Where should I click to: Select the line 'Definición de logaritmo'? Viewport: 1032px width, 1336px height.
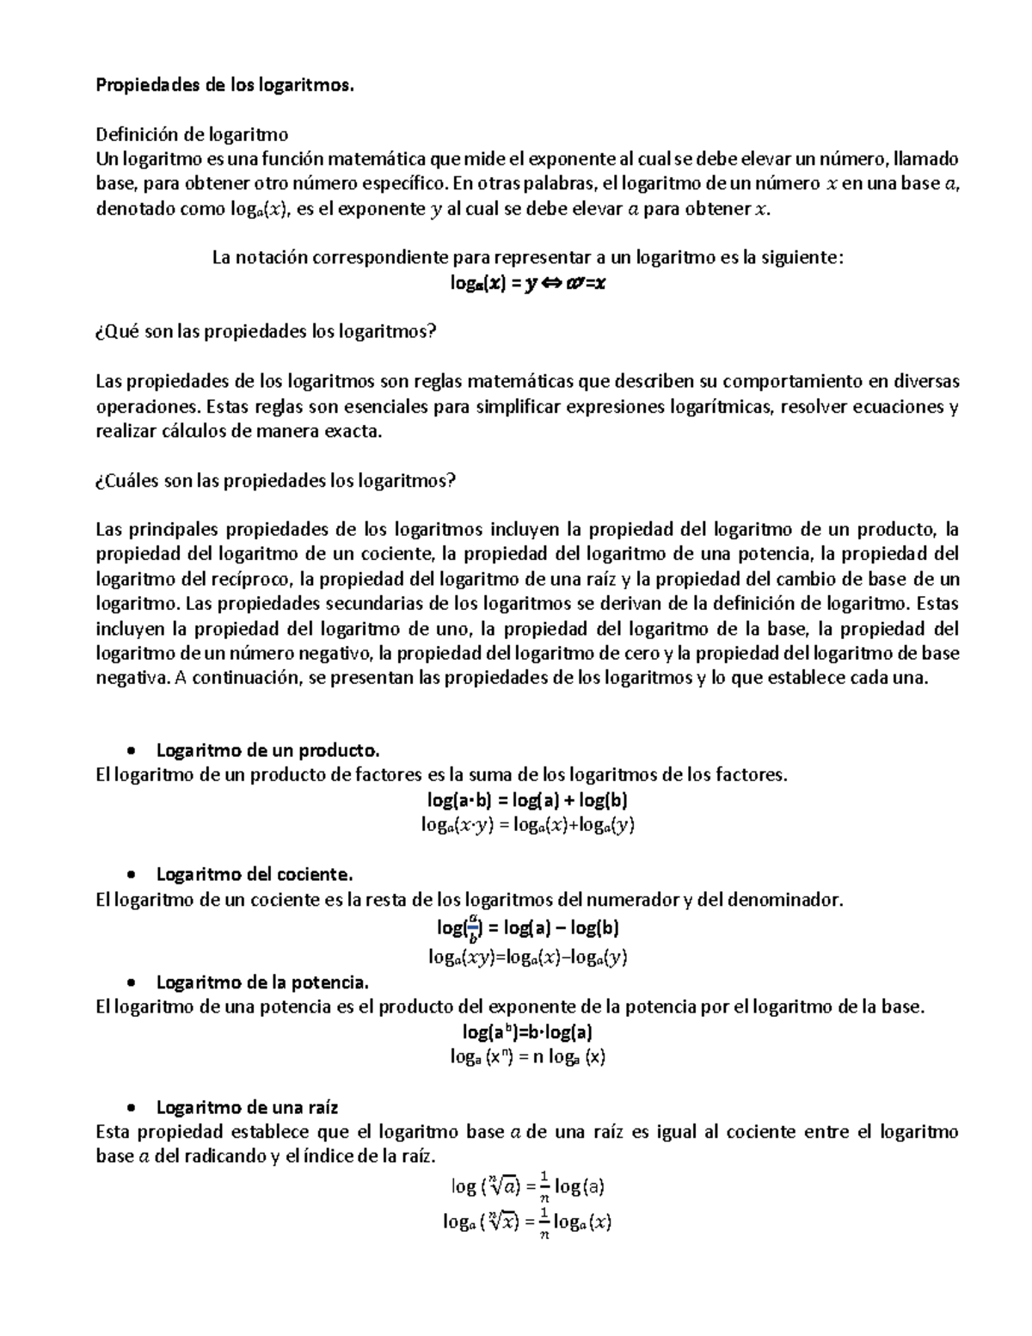192,134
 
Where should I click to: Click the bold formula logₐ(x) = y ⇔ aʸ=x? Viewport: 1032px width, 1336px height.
527,283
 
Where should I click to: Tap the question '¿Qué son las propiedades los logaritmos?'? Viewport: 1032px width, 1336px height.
266,332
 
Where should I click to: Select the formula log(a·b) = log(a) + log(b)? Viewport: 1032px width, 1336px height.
527,800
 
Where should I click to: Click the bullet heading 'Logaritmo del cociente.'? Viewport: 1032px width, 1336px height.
255,875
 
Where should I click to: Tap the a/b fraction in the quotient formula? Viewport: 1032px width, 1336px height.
470,928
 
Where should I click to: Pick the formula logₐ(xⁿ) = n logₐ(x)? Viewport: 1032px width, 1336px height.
528,1057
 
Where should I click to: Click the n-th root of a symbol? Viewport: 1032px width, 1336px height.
501,1187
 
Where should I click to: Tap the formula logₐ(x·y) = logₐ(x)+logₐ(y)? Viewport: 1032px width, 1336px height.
527,825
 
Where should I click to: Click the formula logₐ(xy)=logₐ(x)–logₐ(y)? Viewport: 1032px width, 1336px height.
527,957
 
